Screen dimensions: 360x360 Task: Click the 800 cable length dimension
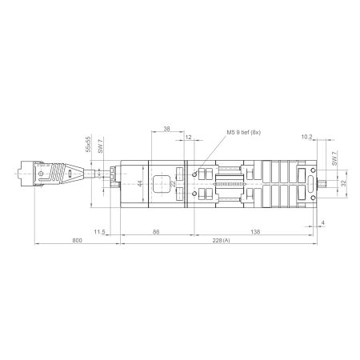[x=77, y=240]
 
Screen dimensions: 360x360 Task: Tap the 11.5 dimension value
[x=99, y=231]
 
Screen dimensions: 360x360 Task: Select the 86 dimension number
[x=156, y=231]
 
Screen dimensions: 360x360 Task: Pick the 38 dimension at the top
[x=166, y=128]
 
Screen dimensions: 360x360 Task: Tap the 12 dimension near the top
[x=188, y=138]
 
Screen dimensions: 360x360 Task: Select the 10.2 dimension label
[x=307, y=138]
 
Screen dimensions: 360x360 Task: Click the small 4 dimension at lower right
[x=322, y=222]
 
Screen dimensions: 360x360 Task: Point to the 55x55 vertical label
[x=88, y=145]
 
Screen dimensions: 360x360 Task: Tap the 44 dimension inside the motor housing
[x=140, y=184]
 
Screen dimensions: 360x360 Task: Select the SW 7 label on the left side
[x=100, y=146]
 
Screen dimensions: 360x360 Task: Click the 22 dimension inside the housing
[x=175, y=184]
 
